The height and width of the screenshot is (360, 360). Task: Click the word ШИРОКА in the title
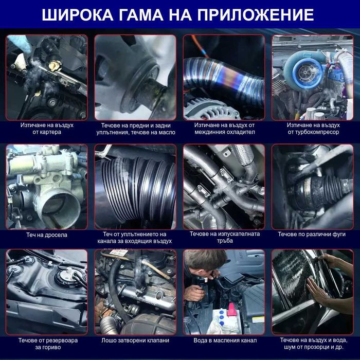[77, 15]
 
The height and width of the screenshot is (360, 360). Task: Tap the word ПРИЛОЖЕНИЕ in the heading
[256, 15]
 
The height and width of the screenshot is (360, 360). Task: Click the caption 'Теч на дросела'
[47, 235]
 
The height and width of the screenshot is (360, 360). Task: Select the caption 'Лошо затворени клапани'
[135, 340]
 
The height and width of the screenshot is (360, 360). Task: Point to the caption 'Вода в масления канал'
[225, 340]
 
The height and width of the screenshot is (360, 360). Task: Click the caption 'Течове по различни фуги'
[312, 234]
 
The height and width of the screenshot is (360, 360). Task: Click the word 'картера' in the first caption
[51, 132]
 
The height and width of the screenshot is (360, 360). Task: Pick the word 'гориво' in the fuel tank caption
[48, 347]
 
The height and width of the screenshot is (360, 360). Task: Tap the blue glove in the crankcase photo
[22, 43]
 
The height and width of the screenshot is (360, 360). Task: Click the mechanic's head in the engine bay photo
[205, 262]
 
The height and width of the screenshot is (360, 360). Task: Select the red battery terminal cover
[231, 309]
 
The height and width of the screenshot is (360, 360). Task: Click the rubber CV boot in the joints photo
[320, 190]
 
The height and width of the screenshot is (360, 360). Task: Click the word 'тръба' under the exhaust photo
[225, 241]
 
